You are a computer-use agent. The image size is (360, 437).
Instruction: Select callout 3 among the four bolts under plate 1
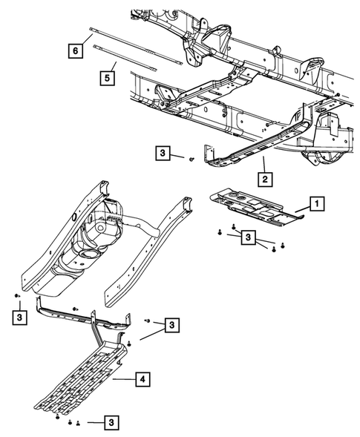pyautogui.click(x=248, y=237)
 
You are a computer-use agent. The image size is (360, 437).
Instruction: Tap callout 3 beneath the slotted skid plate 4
pyautogui.click(x=111, y=422)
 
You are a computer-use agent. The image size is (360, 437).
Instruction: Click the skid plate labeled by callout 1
pyautogui.click(x=252, y=206)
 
